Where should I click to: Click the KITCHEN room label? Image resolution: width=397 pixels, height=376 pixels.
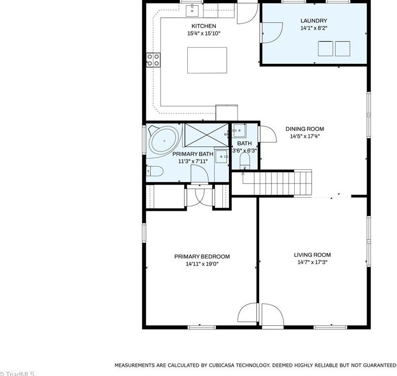point(204,26)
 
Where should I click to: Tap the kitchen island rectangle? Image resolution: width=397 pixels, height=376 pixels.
point(204,60)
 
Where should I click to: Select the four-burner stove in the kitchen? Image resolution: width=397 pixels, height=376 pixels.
point(153,60)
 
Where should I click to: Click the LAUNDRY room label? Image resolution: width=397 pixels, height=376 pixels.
point(313,21)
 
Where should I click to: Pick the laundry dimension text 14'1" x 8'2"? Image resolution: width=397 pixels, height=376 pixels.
point(313,28)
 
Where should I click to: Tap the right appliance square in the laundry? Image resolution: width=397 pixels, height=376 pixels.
point(342,48)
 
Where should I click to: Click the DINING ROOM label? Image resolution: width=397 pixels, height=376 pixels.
point(304,129)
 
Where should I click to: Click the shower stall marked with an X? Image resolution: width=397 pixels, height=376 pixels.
point(207,135)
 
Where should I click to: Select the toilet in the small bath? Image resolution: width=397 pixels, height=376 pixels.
point(245,161)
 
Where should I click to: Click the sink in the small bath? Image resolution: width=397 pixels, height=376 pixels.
point(239,131)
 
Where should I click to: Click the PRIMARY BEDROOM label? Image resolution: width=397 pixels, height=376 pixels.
point(202,256)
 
